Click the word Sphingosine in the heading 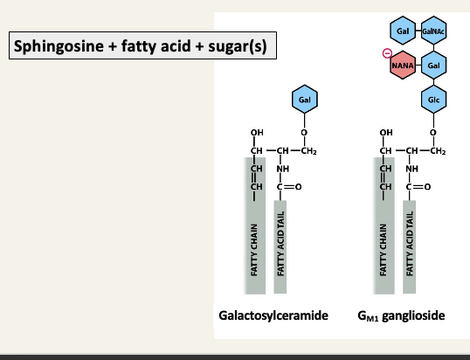[52, 45]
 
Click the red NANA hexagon [402, 66]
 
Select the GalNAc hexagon [432, 31]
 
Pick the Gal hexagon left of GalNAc [402, 31]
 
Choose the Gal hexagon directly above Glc [432, 66]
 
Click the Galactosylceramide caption [273, 314]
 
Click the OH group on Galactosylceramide [257, 134]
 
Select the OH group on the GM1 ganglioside [386, 134]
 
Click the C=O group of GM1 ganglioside [418, 185]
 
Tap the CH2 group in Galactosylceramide [308, 152]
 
